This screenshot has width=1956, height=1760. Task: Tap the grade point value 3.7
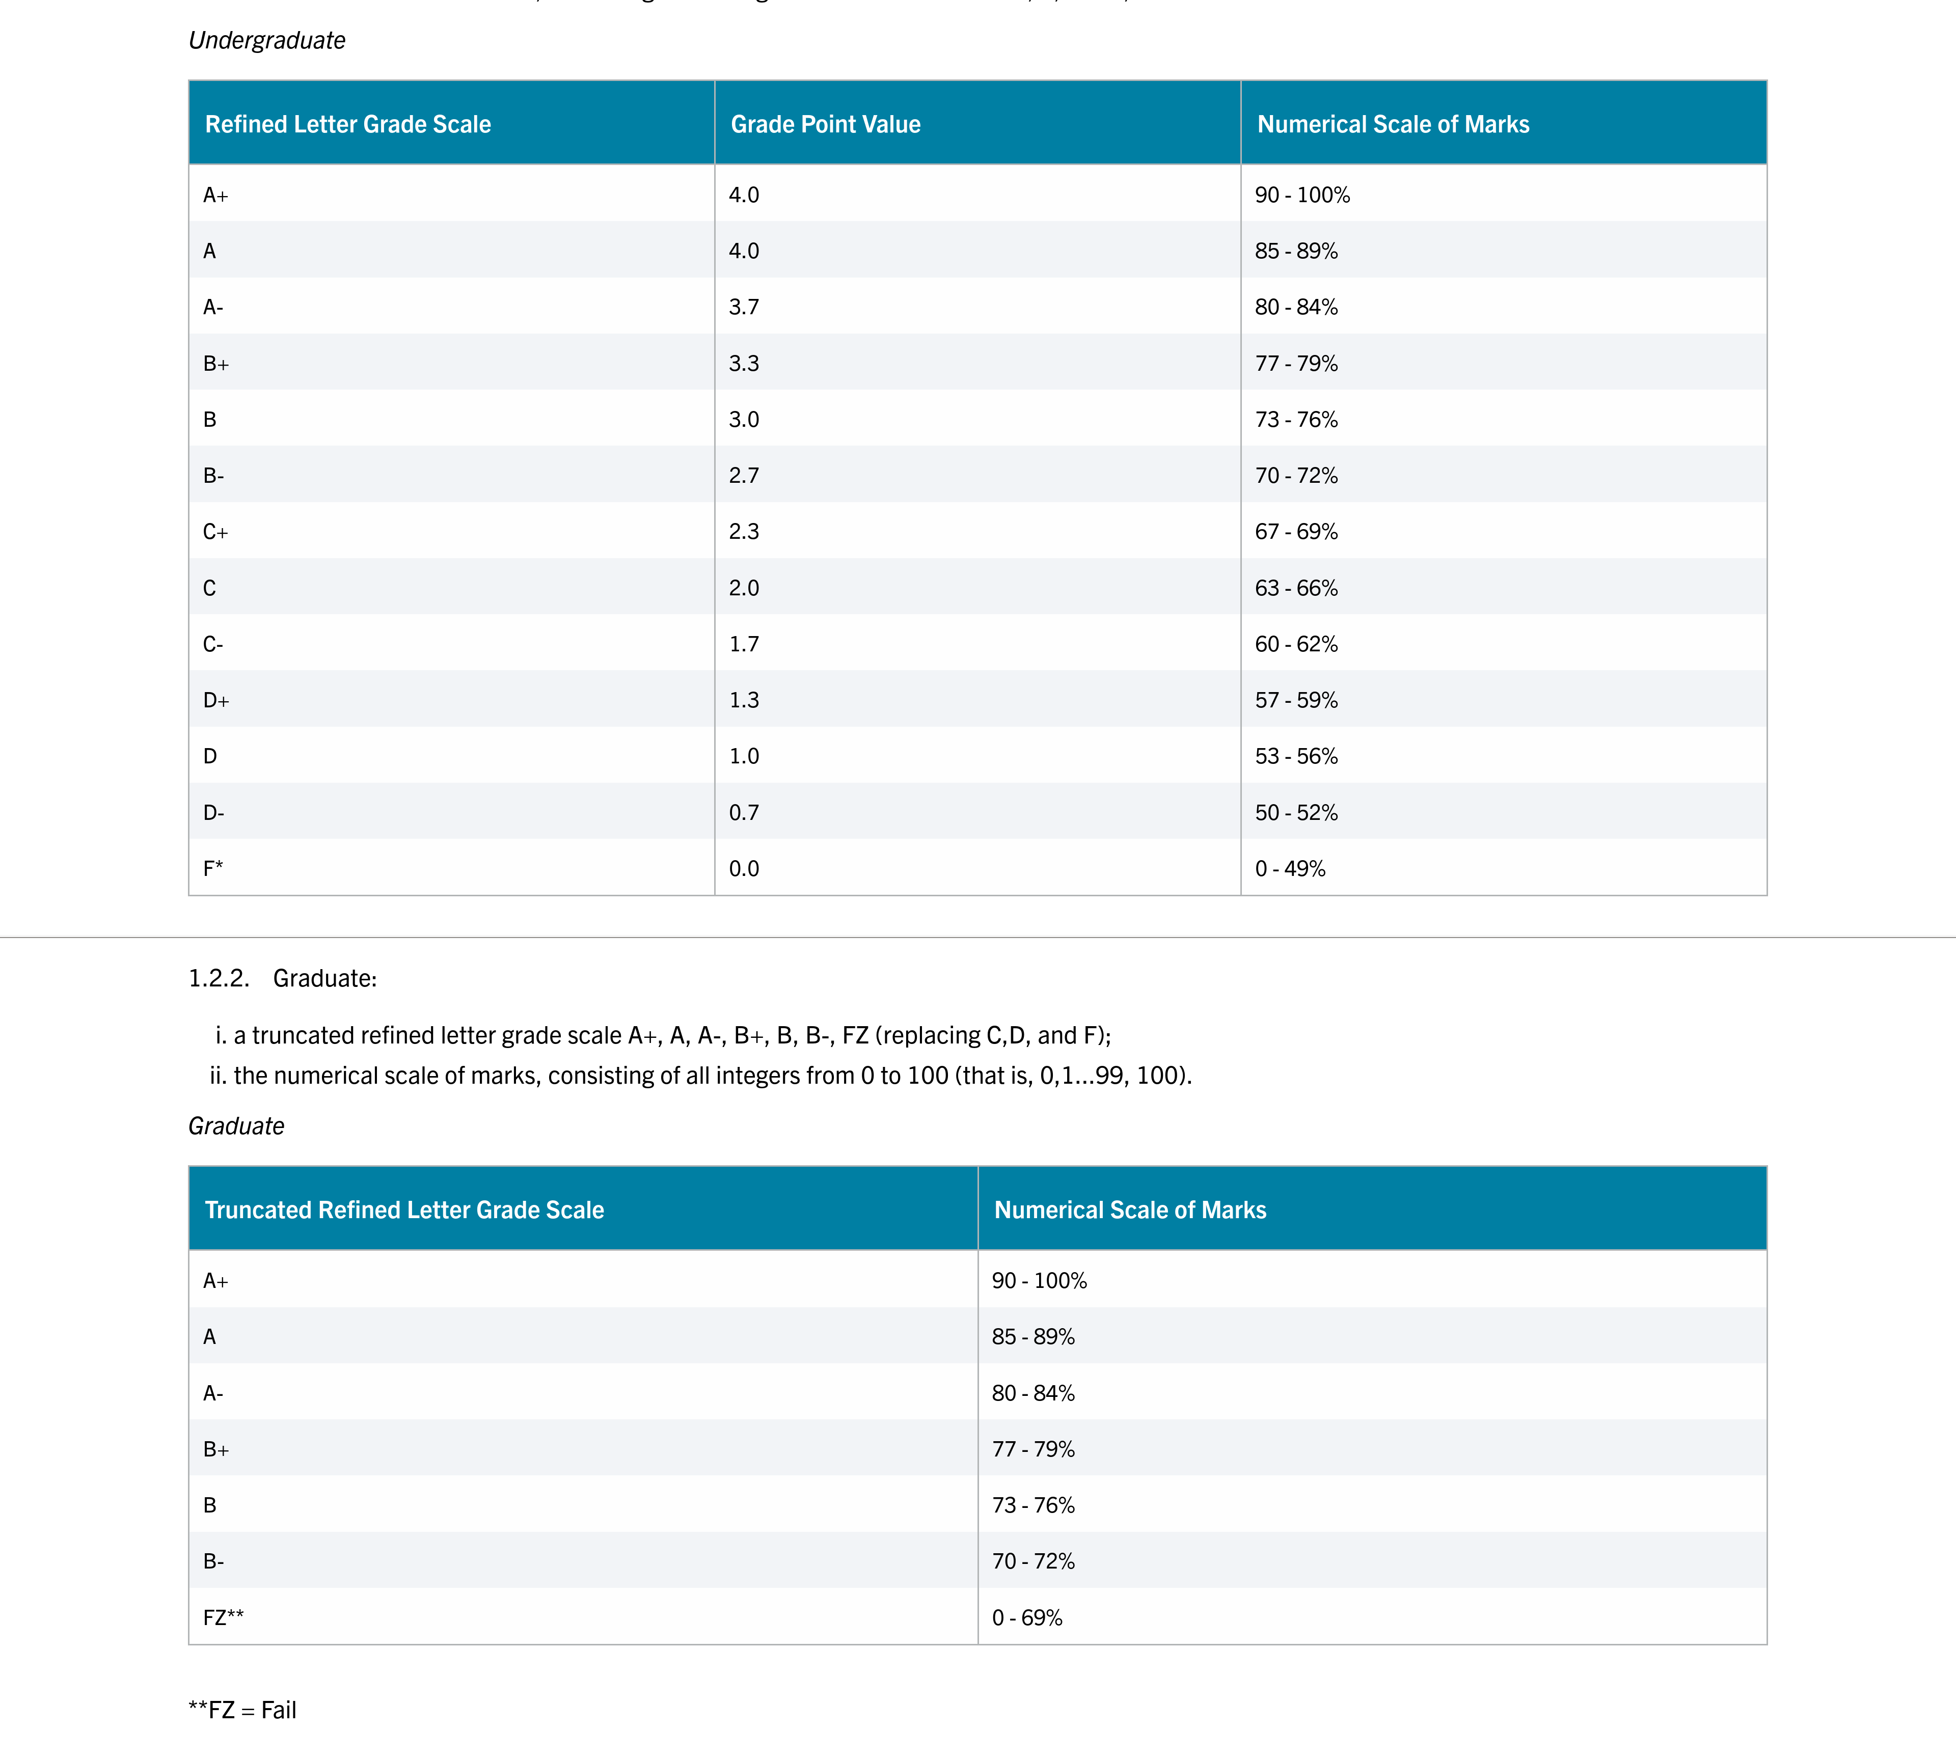click(744, 308)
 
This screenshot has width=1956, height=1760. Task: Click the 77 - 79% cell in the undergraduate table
click(1296, 364)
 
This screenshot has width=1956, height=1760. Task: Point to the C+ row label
click(215, 532)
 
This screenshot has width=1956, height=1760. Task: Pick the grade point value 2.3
click(744, 532)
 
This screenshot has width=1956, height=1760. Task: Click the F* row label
click(213, 868)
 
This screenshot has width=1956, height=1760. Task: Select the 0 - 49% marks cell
click(1290, 868)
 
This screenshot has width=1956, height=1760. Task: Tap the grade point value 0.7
click(744, 812)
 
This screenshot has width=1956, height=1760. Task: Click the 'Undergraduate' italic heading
click(267, 41)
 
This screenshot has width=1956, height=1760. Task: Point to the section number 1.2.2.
click(219, 979)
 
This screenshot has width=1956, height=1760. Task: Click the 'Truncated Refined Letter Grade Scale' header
click(404, 1210)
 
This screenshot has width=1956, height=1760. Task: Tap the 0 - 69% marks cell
click(1026, 1618)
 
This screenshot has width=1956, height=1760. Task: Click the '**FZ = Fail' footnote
click(242, 1710)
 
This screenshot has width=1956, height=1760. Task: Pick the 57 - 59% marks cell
click(1296, 700)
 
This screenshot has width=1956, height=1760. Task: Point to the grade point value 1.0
click(744, 756)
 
